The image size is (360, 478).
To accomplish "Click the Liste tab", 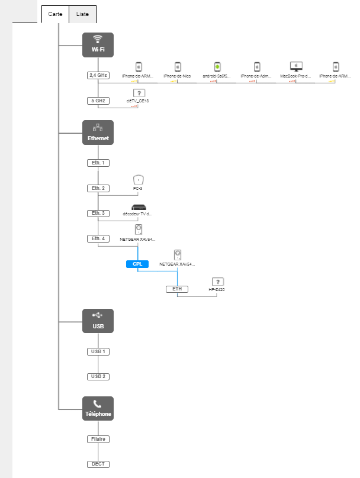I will pyautogui.click(x=82, y=14).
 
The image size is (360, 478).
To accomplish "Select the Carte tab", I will pyautogui.click(x=55, y=14).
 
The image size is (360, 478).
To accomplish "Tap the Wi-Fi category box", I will pyautogui.click(x=98, y=44).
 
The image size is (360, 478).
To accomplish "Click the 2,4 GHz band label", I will pyautogui.click(x=98, y=76).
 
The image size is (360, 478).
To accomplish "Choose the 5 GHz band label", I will pyautogui.click(x=98, y=101).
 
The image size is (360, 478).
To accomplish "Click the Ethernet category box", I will pyautogui.click(x=98, y=132).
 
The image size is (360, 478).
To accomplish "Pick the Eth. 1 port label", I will pyautogui.click(x=98, y=163).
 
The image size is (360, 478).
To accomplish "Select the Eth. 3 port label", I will pyautogui.click(x=98, y=213).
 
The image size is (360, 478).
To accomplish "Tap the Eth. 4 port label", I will pyautogui.click(x=98, y=238).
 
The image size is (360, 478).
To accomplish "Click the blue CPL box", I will pyautogui.click(x=137, y=264).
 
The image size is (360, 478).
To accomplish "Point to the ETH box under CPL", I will pyautogui.click(x=176, y=289).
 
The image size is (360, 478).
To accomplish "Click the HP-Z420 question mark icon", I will pyautogui.click(x=217, y=282).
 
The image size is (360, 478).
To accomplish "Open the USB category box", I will pyautogui.click(x=98, y=320).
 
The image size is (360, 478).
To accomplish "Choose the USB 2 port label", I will pyautogui.click(x=98, y=376).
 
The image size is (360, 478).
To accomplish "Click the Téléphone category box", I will pyautogui.click(x=98, y=408).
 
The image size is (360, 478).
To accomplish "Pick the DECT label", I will pyautogui.click(x=98, y=464).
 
